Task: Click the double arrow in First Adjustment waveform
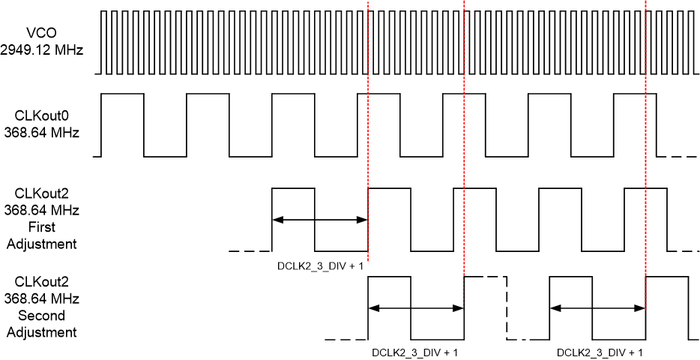click(x=320, y=220)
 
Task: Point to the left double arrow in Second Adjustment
click(x=416, y=307)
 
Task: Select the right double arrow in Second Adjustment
click(x=597, y=307)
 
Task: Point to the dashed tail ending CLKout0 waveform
click(x=679, y=156)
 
